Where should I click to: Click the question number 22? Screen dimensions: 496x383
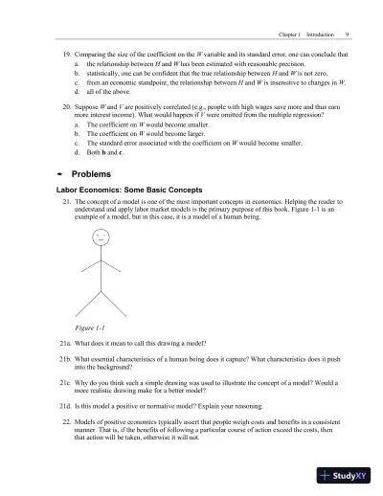click(x=67, y=422)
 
